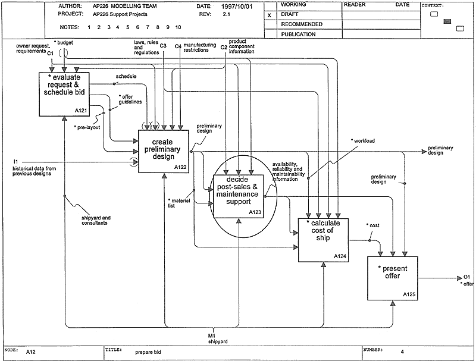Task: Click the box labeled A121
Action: [x=64, y=94]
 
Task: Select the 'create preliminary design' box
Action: [x=163, y=151]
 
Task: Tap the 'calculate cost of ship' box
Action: [x=323, y=240]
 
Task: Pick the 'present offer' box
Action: [x=393, y=278]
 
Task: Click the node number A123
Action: [x=255, y=212]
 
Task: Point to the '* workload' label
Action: [x=363, y=141]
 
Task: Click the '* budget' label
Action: [x=64, y=43]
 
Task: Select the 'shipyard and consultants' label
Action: [x=96, y=220]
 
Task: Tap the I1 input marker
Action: [x=16, y=162]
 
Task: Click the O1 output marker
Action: [x=467, y=277]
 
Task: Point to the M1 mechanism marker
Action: [x=212, y=336]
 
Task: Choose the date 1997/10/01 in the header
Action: [x=237, y=7]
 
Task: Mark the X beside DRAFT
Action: [x=270, y=15]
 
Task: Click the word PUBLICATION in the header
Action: [x=299, y=34]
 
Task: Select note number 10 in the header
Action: [x=178, y=27]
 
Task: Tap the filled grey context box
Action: [x=447, y=21]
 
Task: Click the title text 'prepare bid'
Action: [x=148, y=352]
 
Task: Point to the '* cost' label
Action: [x=373, y=225]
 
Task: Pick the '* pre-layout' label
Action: [x=87, y=127]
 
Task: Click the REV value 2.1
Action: [x=227, y=14]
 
